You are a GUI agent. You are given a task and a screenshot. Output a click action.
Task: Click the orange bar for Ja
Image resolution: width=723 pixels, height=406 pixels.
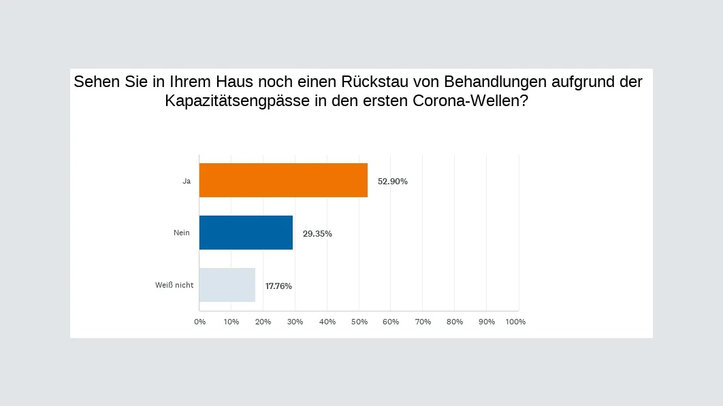pyautogui.click(x=283, y=180)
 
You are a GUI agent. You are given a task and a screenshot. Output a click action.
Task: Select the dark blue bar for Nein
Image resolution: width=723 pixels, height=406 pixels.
pyautogui.click(x=246, y=233)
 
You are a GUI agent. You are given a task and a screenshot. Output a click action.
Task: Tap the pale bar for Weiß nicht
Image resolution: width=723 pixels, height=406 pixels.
pyautogui.click(x=227, y=285)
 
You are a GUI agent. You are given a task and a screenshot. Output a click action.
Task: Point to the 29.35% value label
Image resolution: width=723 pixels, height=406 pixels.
pyautogui.click(x=317, y=233)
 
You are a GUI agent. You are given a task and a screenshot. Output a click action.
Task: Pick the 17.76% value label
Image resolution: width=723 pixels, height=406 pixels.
pyautogui.click(x=278, y=286)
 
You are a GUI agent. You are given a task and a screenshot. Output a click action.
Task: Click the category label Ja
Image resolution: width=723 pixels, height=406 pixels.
pyautogui.click(x=186, y=181)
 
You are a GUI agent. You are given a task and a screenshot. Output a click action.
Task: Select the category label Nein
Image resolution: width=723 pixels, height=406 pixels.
pyautogui.click(x=182, y=233)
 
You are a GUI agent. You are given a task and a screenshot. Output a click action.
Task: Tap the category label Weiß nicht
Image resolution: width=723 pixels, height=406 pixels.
pyautogui.click(x=174, y=286)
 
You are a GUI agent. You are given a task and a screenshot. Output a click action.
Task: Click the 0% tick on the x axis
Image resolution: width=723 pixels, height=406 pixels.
pyautogui.click(x=199, y=322)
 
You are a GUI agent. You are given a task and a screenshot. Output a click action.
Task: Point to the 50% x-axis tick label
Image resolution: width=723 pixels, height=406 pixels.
pyautogui.click(x=359, y=322)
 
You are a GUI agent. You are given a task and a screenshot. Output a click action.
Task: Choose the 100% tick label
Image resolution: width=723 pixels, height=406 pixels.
pyautogui.click(x=516, y=322)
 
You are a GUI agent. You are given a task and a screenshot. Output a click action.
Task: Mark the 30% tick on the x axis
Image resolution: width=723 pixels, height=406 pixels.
pyautogui.click(x=295, y=322)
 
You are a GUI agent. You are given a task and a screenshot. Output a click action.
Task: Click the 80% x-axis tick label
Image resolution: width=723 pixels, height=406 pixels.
pyautogui.click(x=454, y=322)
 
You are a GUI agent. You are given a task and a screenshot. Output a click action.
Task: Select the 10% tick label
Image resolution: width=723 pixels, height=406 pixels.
pyautogui.click(x=231, y=322)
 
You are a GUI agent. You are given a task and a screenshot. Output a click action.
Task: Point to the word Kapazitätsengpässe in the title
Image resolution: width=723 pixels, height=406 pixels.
pyautogui.click(x=233, y=102)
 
